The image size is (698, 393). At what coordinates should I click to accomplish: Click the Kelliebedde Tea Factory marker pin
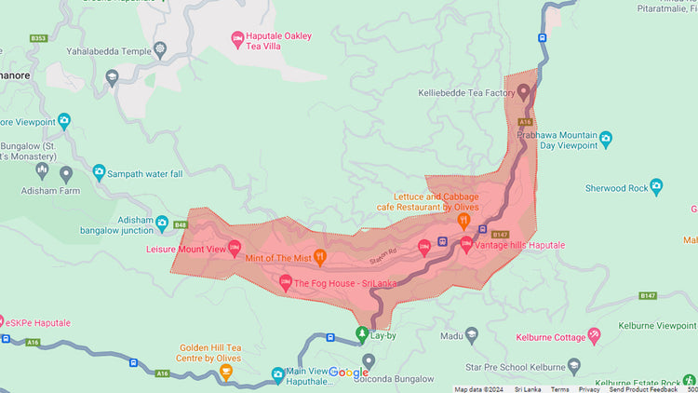523,92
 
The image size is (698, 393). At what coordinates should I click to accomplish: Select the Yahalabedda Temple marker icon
159,48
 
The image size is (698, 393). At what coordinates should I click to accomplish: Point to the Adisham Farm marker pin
66,173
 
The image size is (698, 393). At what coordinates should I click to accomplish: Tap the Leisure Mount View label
186,250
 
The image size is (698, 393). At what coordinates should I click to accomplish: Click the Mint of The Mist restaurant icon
319,256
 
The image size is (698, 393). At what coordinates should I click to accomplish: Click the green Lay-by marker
362,332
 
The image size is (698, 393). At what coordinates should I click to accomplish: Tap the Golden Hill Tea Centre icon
225,372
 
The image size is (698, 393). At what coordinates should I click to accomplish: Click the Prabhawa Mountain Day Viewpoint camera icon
606,139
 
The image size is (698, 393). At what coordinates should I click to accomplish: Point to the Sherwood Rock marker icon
655,187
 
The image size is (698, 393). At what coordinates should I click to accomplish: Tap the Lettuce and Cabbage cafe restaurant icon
463,221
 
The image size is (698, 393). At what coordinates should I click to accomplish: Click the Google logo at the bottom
349,373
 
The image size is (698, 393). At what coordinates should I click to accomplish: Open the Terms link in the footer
559,388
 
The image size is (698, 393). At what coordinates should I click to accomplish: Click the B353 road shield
38,38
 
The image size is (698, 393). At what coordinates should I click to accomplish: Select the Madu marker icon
472,335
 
